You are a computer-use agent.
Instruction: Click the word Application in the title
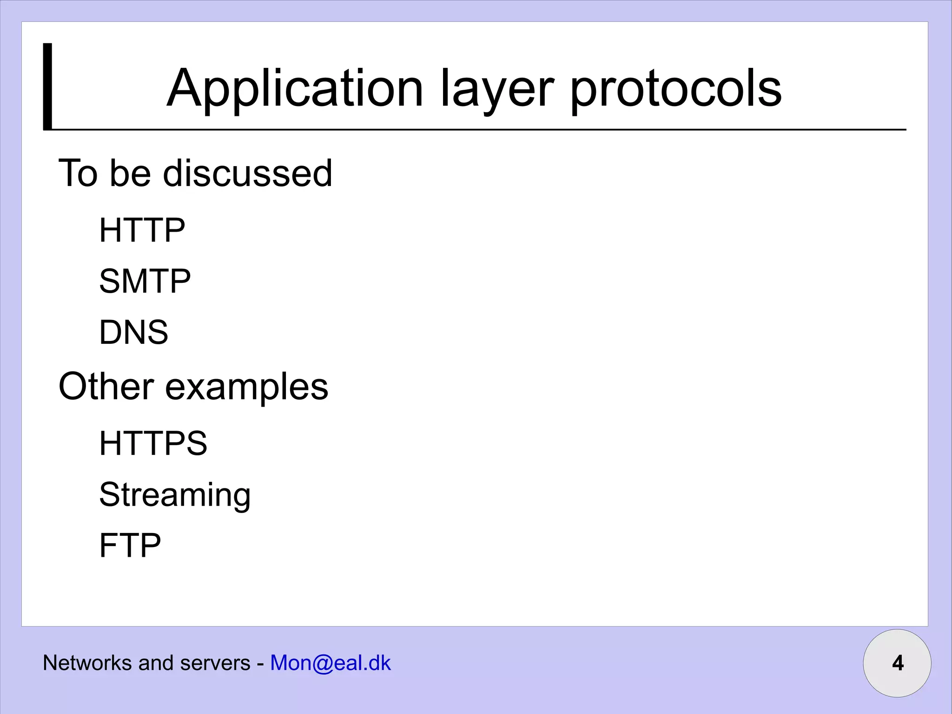[295, 88]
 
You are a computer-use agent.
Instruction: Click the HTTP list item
[142, 230]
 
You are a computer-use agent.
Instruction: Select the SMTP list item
[145, 281]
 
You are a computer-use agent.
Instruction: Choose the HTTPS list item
[153, 443]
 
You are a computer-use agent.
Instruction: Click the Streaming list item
[175, 495]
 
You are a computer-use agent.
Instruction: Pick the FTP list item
[130, 545]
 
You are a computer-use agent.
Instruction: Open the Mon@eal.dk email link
[331, 663]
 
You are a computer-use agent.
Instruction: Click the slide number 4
[898, 663]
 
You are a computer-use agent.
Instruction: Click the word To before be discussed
[78, 173]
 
